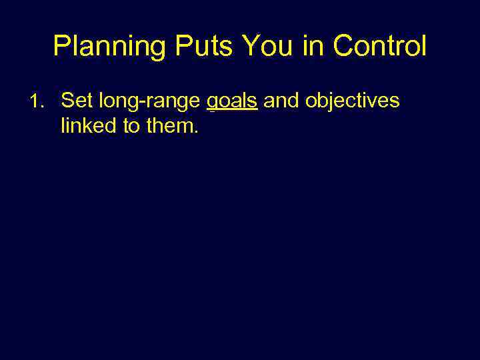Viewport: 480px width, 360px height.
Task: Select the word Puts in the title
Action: point(199,46)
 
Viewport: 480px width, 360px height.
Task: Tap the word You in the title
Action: point(265,46)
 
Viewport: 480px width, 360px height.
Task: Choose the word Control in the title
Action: point(379,46)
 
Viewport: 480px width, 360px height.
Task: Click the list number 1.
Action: point(39,101)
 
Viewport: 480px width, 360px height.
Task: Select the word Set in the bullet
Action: point(77,101)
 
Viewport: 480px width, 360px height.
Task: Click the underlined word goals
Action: point(232,101)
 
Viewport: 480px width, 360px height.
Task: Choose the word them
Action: point(171,125)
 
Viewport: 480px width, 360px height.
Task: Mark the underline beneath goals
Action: point(232,112)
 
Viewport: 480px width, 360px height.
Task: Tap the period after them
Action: point(196,131)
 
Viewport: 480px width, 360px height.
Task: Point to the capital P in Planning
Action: point(61,46)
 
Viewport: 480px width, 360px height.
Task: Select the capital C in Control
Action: point(342,46)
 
